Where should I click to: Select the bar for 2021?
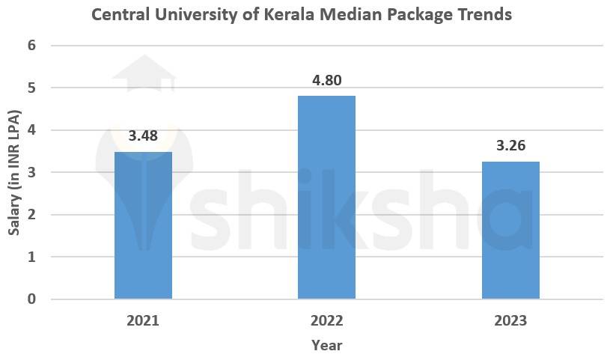click(143, 225)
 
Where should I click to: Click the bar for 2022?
click(326, 198)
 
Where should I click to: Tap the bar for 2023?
click(510, 231)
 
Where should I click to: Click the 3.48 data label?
click(143, 136)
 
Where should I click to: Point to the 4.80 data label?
click(326, 80)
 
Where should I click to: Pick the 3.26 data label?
click(510, 146)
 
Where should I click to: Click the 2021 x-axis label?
click(143, 321)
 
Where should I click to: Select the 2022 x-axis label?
click(326, 321)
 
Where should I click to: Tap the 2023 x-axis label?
click(510, 321)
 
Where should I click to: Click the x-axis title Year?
click(326, 345)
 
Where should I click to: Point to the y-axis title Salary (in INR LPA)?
click(13, 173)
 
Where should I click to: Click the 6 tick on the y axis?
click(31, 46)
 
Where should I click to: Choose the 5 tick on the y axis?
click(31, 88)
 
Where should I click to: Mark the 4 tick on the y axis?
click(31, 130)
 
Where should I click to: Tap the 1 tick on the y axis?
click(31, 257)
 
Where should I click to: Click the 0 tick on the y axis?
click(31, 299)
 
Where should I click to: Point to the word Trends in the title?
click(482, 14)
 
